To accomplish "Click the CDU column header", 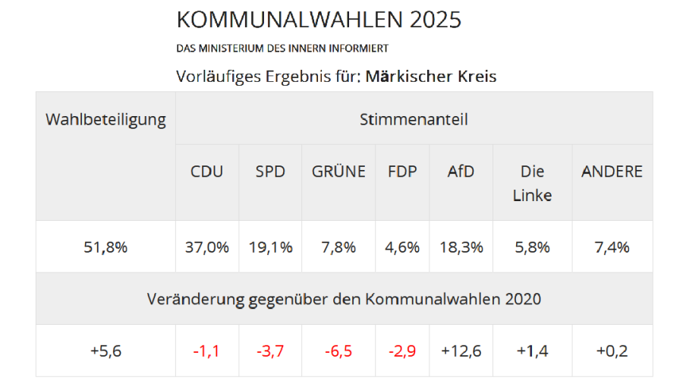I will (206, 171).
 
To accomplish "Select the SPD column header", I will (270, 171).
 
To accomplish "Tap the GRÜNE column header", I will (338, 171).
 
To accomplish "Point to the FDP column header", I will (402, 171).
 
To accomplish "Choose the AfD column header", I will (461, 171).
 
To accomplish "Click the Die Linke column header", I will (532, 183).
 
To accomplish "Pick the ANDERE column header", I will (612, 171).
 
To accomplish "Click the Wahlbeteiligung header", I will (105, 120).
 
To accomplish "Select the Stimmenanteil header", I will (414, 119).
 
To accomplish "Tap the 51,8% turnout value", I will (105, 247).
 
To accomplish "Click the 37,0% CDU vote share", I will (207, 247).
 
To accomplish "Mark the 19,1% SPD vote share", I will (271, 247).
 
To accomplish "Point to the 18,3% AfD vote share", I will (461, 247).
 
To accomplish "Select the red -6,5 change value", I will (338, 351).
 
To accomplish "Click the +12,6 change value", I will (461, 351).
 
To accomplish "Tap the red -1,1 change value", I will (207, 351).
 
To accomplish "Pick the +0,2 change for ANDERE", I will (612, 351).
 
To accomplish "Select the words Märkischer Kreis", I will (431, 77).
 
